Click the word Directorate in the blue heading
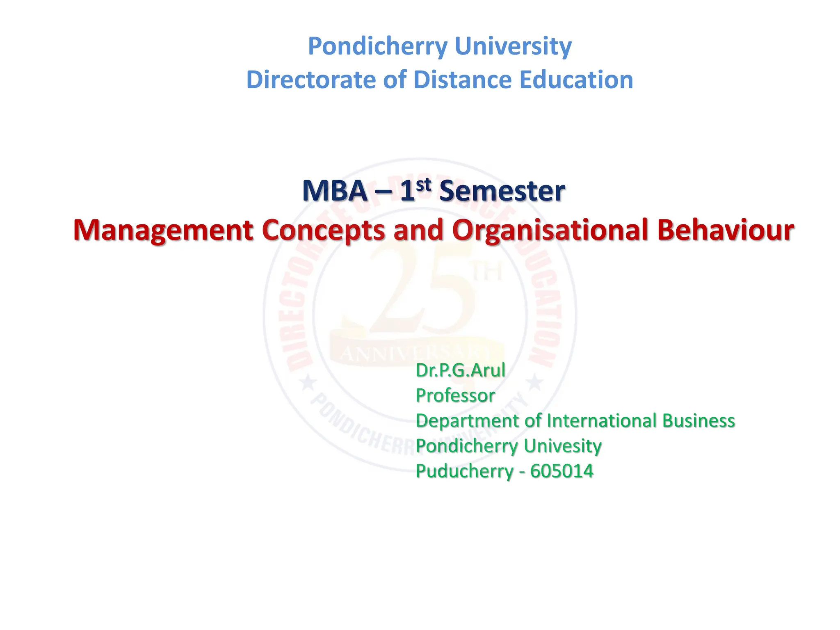click(311, 80)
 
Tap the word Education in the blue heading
click(576, 80)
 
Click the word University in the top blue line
click(513, 46)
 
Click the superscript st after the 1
click(423, 185)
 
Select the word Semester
click(502, 191)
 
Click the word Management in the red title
click(163, 230)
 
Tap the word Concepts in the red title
click(323, 230)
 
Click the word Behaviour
click(725, 230)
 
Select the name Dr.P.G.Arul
click(460, 370)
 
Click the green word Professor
click(455, 396)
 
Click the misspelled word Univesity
click(562, 446)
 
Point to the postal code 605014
click(562, 471)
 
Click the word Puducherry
click(464, 471)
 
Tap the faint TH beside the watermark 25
click(487, 272)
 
